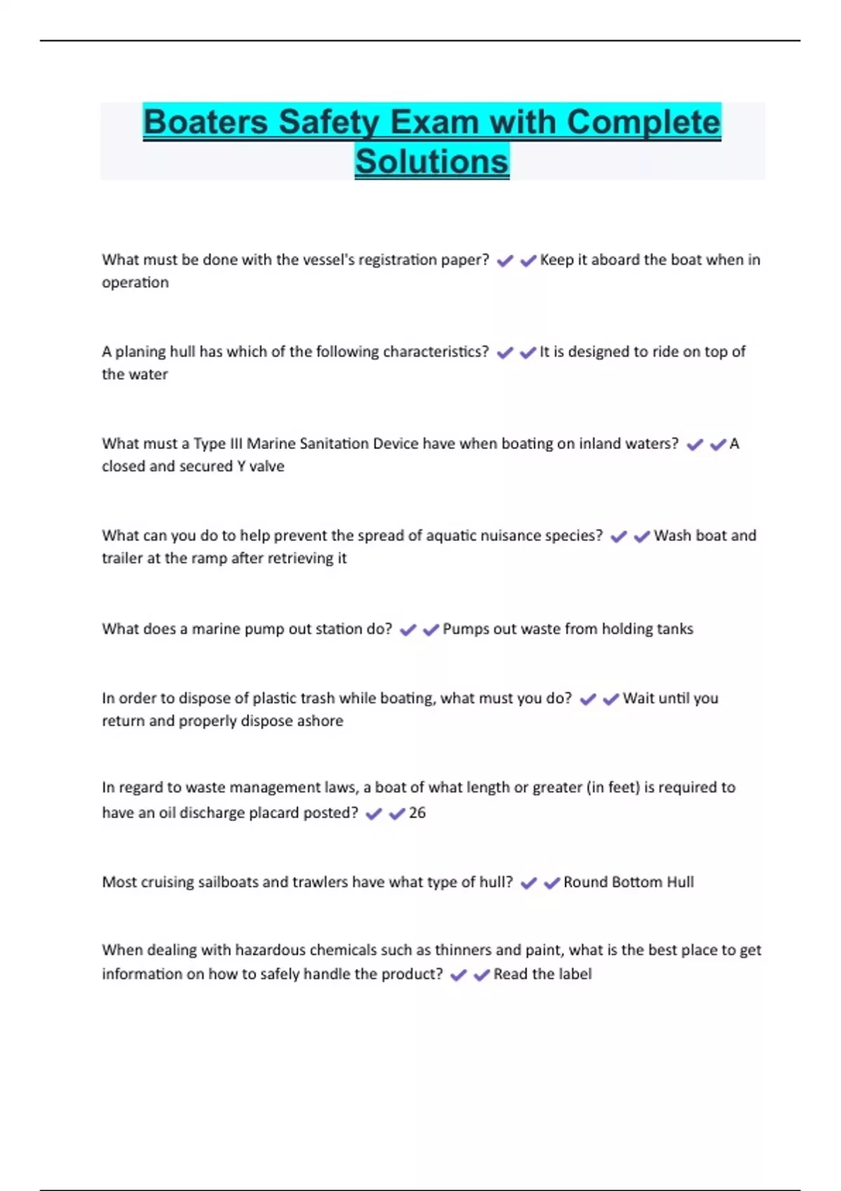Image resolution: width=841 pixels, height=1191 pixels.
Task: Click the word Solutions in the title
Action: click(x=432, y=161)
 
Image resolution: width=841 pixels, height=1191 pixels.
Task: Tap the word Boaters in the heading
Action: click(x=205, y=122)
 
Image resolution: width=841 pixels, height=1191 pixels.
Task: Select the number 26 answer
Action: click(x=417, y=813)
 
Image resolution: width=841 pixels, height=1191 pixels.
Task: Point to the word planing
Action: click(x=140, y=352)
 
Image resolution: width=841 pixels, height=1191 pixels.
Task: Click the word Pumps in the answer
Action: click(x=463, y=629)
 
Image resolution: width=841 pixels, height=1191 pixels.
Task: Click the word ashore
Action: click(x=320, y=721)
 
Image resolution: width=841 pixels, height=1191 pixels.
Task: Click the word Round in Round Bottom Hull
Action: click(x=584, y=882)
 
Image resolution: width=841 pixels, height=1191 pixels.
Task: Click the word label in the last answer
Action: click(x=575, y=975)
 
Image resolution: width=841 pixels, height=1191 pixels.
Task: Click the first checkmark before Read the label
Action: click(x=458, y=975)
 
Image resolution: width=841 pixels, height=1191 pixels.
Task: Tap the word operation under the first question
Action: click(x=135, y=282)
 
